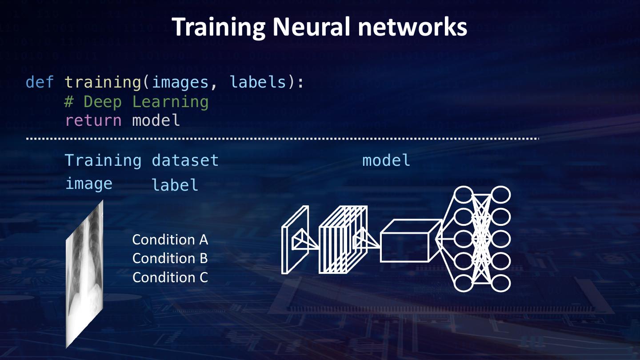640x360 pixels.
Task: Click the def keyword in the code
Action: (40, 82)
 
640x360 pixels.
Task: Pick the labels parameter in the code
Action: (258, 82)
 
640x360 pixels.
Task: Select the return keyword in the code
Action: (93, 120)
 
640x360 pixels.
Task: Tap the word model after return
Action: (156, 120)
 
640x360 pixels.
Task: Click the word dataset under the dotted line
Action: (185, 160)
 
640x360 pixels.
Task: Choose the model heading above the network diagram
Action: (386, 160)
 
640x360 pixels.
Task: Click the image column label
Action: (89, 184)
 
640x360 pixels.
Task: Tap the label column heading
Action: (175, 185)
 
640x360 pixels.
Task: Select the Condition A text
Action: (170, 240)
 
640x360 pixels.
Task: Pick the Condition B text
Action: (170, 258)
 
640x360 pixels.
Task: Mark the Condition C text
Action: (170, 277)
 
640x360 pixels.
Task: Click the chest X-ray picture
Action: (84, 273)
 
